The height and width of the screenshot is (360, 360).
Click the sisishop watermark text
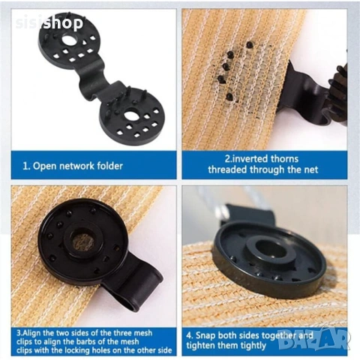49,23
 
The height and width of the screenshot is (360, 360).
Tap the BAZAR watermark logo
313,340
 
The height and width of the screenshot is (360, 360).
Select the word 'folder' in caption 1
109,166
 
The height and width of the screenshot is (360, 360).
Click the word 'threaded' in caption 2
228,169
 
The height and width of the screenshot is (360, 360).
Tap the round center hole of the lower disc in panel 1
130,116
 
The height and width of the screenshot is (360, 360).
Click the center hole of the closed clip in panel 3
82,241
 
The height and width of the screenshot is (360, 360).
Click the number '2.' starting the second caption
228,159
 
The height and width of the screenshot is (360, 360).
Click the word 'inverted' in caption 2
248,159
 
